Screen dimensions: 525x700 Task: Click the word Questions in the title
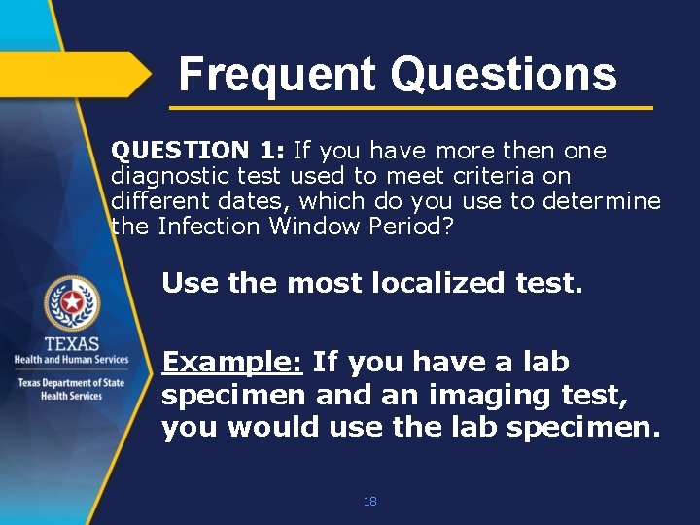coord(503,74)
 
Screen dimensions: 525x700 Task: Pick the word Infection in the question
coord(209,227)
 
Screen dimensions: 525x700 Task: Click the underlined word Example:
coord(233,362)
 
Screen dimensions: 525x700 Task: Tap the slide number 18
coord(369,502)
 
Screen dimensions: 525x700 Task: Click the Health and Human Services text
coord(71,360)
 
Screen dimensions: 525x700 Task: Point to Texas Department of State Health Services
coord(71,389)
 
